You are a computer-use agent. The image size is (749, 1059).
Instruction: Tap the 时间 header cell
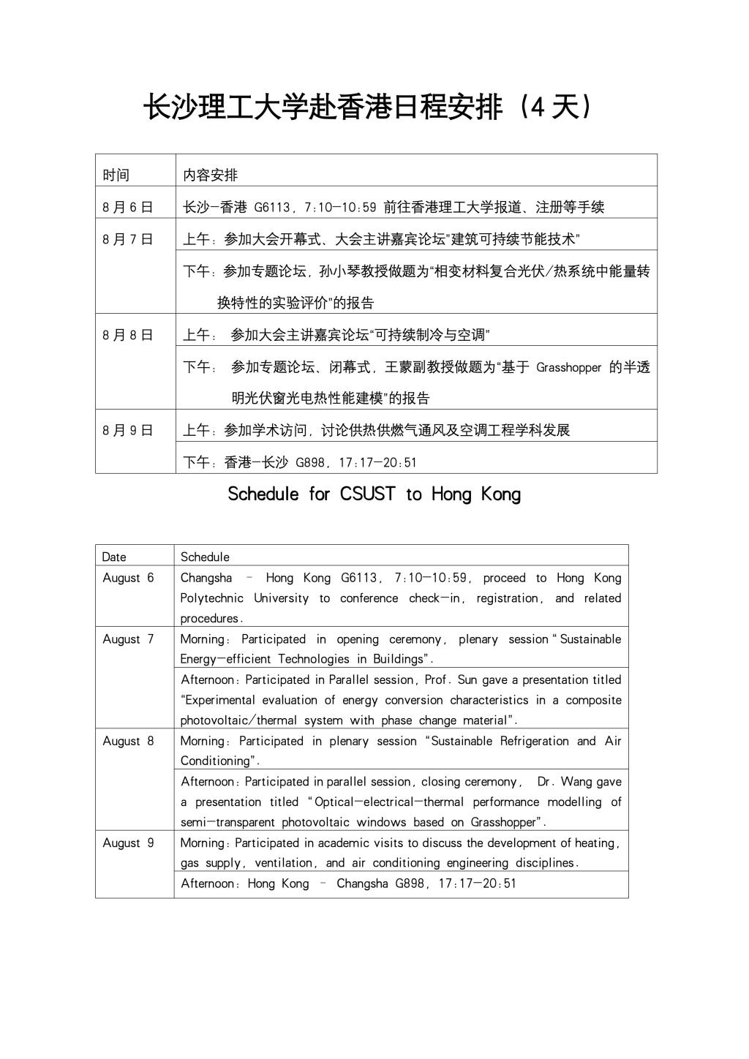(116, 175)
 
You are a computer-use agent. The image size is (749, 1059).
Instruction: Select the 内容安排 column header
(211, 175)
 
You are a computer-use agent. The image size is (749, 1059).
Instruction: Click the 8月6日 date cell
(128, 207)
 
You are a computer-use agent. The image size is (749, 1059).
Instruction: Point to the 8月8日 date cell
(128, 335)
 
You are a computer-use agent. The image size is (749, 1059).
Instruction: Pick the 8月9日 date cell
(128, 430)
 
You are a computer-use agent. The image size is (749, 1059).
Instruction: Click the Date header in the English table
(114, 557)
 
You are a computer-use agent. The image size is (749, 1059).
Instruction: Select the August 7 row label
(129, 638)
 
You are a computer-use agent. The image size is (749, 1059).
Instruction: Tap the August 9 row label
(129, 843)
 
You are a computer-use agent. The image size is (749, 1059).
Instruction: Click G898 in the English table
(410, 883)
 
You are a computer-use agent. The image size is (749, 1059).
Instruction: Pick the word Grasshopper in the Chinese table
(568, 367)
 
